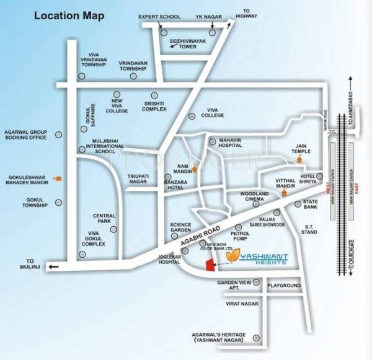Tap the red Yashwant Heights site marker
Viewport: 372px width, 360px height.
[x=210, y=265]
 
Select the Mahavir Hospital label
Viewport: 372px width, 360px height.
[x=233, y=144]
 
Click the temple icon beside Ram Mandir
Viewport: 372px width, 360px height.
[x=195, y=168]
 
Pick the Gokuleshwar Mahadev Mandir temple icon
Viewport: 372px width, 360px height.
[x=58, y=178]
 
